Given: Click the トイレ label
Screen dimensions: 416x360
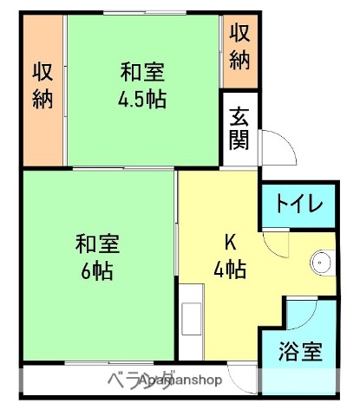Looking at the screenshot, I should [x=299, y=205].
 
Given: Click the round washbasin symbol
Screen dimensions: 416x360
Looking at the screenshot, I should [x=322, y=260].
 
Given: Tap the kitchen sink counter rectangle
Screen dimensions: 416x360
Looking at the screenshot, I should [x=191, y=322].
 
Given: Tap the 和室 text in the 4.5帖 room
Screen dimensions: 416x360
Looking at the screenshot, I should [x=142, y=71].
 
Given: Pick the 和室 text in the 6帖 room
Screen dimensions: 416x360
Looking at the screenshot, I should [x=96, y=243].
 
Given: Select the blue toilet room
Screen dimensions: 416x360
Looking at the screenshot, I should [x=299, y=206].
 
